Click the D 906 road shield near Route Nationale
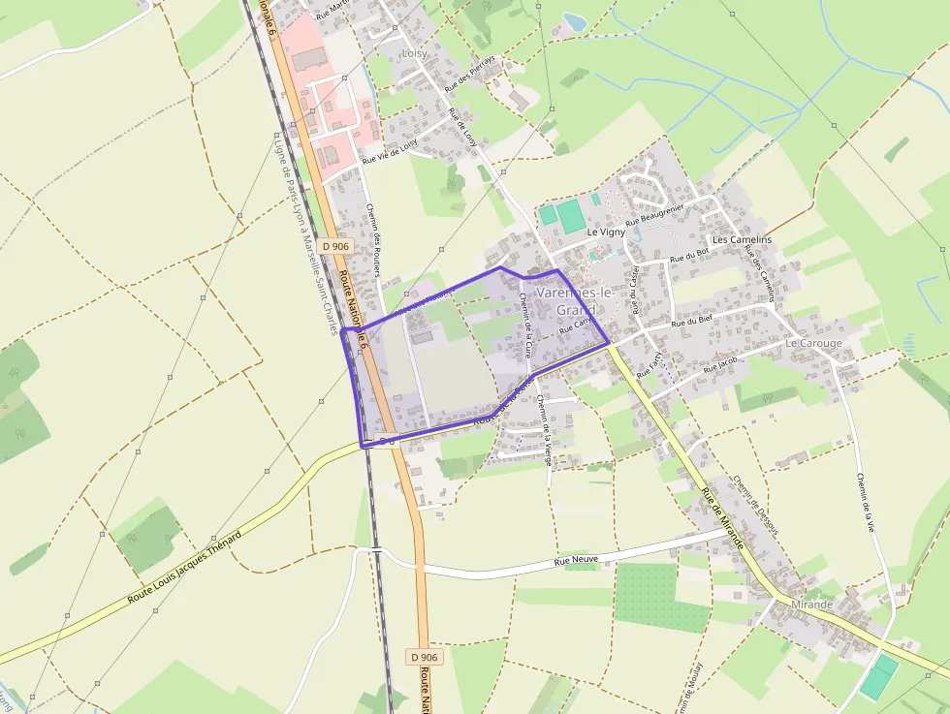(x=334, y=246)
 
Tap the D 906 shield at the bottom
(x=424, y=657)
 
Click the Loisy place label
(x=414, y=53)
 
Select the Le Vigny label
(x=606, y=233)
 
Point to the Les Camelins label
(x=742, y=239)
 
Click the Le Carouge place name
(x=813, y=343)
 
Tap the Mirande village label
(x=811, y=605)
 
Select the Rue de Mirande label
(x=721, y=519)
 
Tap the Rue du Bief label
(x=692, y=321)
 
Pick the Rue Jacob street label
(x=720, y=364)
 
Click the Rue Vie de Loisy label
(x=390, y=151)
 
